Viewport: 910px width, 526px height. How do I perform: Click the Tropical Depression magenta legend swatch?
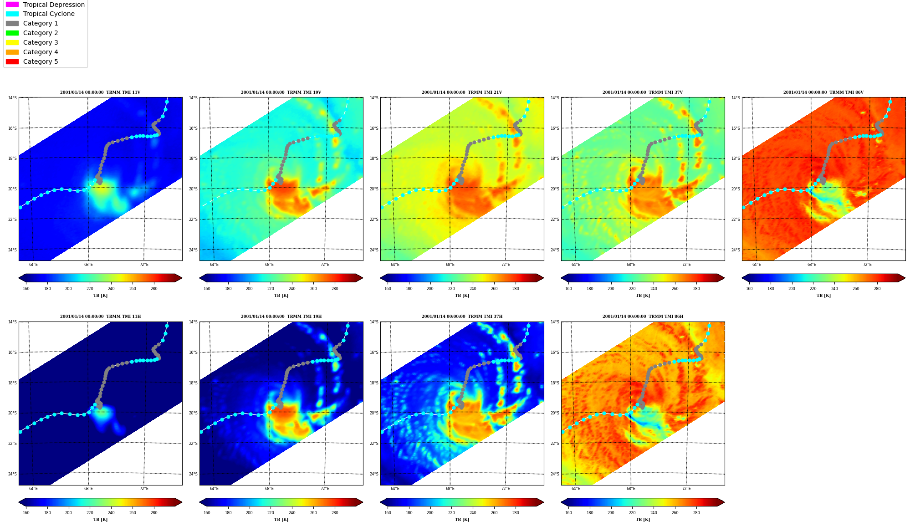pyautogui.click(x=12, y=5)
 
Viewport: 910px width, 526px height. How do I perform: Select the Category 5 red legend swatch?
pyautogui.click(x=12, y=61)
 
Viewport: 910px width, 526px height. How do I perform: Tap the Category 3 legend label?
pyautogui.click(x=41, y=42)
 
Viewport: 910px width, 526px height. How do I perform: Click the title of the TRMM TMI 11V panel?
pyautogui.click(x=100, y=92)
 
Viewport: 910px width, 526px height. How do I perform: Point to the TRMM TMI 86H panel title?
pyautogui.click(x=643, y=317)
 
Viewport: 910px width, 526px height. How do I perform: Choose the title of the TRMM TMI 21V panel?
pyautogui.click(x=462, y=92)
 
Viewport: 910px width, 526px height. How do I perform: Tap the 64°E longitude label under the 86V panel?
pyautogui.click(x=757, y=265)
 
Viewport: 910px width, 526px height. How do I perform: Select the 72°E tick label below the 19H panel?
pyautogui.click(x=325, y=489)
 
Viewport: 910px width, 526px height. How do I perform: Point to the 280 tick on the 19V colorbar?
pyautogui.click(x=335, y=288)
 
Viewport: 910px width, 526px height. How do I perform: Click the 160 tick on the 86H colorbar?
pyautogui.click(x=568, y=512)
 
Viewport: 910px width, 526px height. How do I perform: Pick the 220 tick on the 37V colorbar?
pyautogui.click(x=632, y=288)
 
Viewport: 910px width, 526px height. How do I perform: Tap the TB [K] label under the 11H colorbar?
pyautogui.click(x=100, y=520)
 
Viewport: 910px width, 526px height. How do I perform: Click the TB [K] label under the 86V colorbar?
pyautogui.click(x=823, y=296)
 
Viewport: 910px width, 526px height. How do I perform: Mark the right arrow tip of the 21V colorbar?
pyautogui.click(x=544, y=278)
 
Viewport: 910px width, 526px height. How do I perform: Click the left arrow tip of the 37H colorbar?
pyautogui.click(x=380, y=502)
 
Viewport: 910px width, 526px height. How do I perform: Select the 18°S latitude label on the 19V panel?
pyautogui.click(x=194, y=158)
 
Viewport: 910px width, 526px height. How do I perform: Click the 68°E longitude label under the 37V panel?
pyautogui.click(x=631, y=265)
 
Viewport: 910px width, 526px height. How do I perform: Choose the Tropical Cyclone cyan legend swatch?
pyautogui.click(x=12, y=14)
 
